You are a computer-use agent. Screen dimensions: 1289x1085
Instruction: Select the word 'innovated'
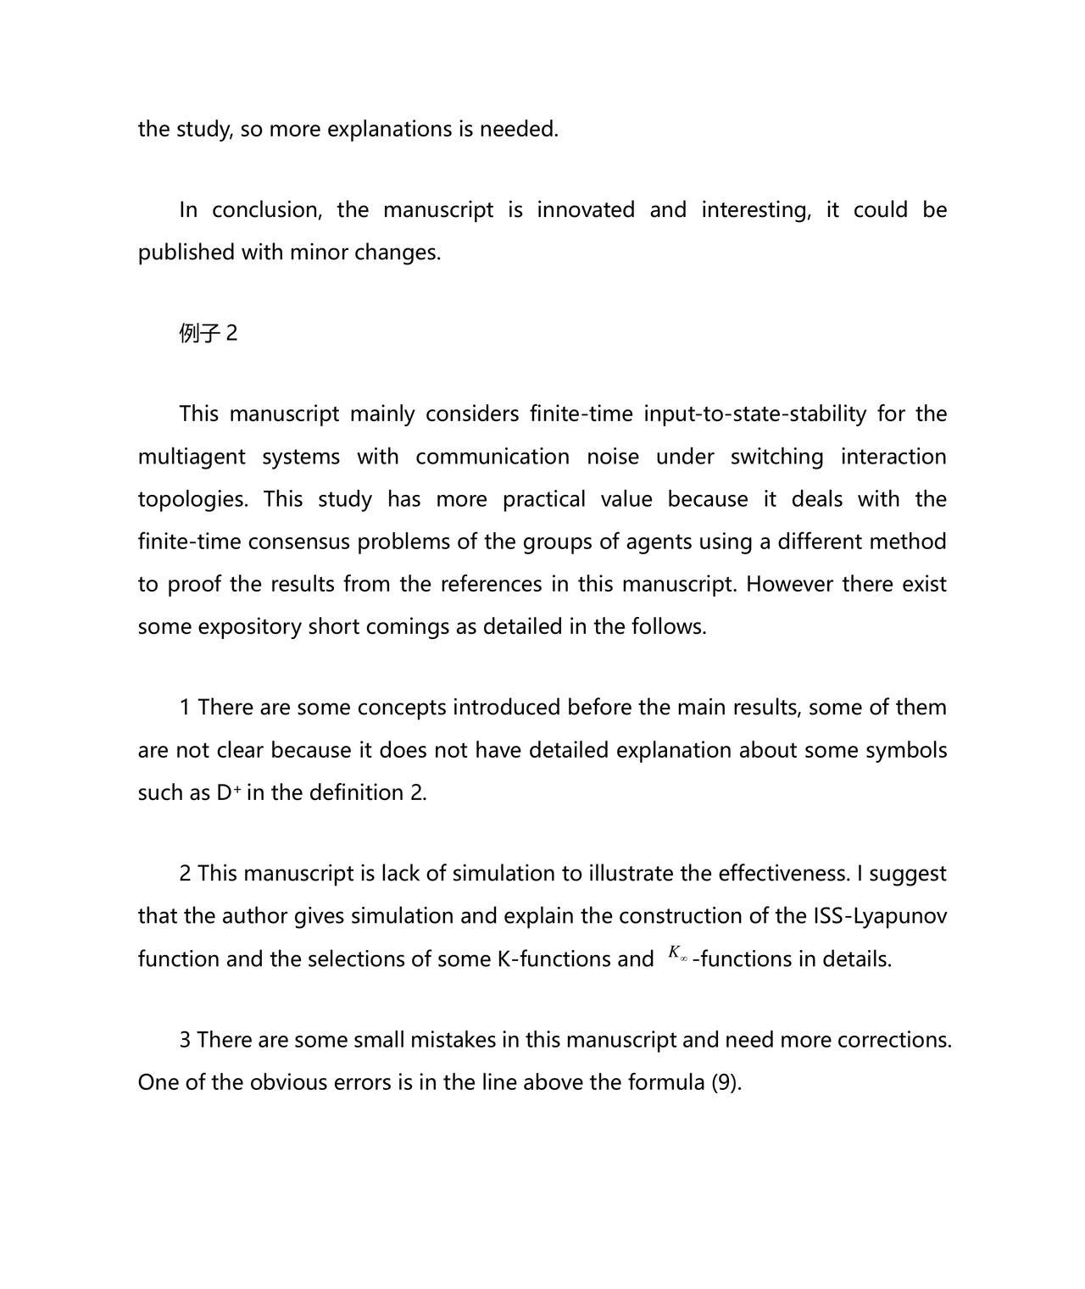pyautogui.click(x=586, y=210)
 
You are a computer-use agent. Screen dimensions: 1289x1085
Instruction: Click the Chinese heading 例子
pyautogui.click(x=200, y=334)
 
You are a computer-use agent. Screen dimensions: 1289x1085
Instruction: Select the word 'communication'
pyautogui.click(x=492, y=457)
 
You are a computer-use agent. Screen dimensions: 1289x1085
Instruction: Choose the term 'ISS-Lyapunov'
pyautogui.click(x=881, y=916)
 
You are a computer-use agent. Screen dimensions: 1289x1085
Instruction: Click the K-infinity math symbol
pyautogui.click(x=676, y=954)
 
